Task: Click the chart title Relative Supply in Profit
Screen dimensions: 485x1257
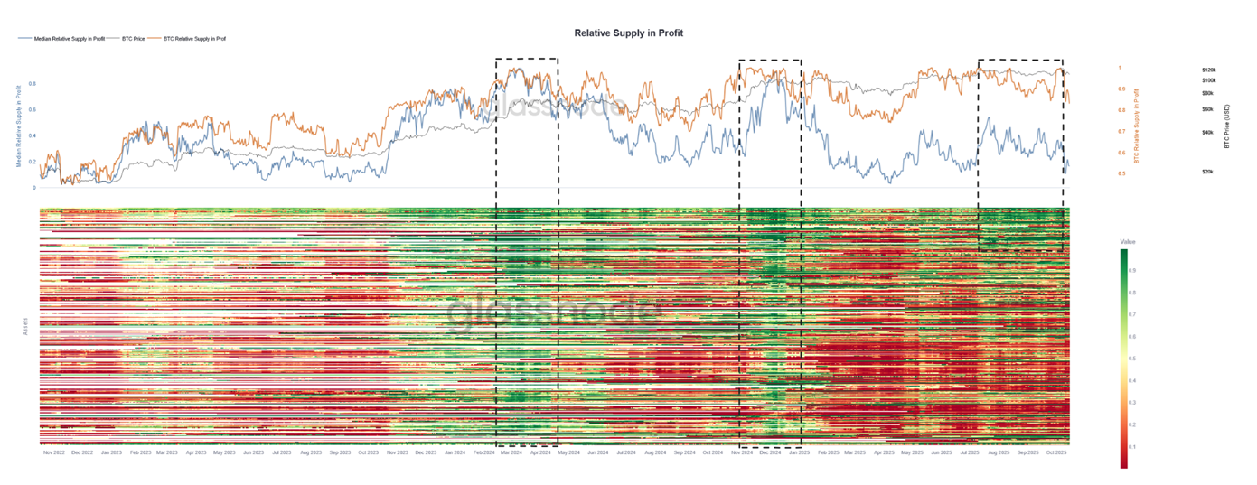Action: click(x=628, y=33)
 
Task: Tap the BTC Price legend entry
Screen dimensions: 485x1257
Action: click(x=133, y=39)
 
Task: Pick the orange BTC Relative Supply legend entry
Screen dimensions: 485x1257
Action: click(x=193, y=39)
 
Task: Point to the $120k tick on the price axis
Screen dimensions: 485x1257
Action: click(x=1208, y=70)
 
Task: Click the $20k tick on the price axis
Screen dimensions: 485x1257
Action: click(x=1207, y=172)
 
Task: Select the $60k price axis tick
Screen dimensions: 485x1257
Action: click(x=1207, y=109)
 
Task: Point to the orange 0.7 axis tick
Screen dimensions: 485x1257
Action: click(x=1121, y=132)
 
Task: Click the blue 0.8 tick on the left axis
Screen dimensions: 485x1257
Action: click(x=33, y=84)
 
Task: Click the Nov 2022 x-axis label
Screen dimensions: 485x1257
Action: click(x=54, y=452)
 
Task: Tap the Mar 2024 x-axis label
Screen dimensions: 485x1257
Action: click(x=511, y=452)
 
